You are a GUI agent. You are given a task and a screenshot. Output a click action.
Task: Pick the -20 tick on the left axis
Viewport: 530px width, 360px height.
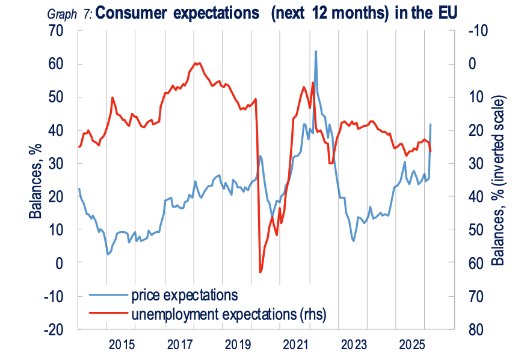click(x=58, y=329)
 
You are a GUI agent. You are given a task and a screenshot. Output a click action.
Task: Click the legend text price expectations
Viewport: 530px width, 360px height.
click(x=183, y=295)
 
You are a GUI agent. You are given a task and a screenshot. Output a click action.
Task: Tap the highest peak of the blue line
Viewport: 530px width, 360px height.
click(x=316, y=52)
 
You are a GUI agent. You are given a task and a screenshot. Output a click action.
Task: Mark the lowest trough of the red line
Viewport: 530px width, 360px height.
click(x=260, y=272)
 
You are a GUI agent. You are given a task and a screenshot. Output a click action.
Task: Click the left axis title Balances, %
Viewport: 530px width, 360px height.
click(x=35, y=181)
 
